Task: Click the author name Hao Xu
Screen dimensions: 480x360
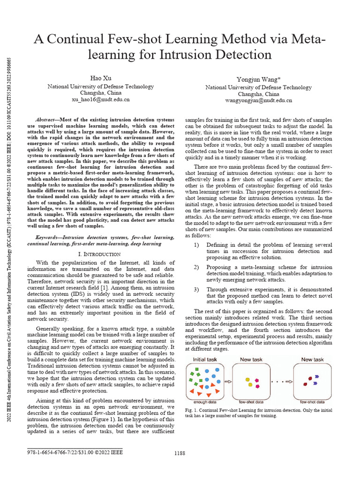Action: click(100, 77)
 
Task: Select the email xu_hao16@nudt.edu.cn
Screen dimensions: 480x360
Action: click(100, 99)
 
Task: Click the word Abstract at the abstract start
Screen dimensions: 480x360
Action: click(46, 120)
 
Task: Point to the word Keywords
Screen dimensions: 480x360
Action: click(48, 238)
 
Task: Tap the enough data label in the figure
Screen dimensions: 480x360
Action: click(205, 402)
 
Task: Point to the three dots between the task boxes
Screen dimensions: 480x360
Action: click(277, 382)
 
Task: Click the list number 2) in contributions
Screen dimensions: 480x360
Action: click(197, 267)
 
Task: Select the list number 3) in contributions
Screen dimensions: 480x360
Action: click(197, 289)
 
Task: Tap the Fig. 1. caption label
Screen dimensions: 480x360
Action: click(193, 410)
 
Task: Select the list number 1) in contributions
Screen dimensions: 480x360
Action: click(197, 245)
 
